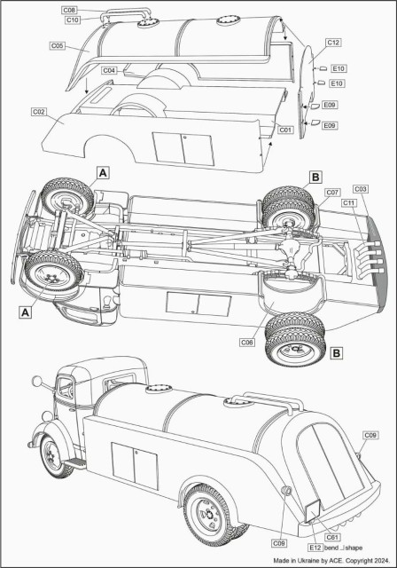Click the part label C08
[x=69, y=11]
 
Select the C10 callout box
[x=73, y=20]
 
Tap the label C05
[x=58, y=45]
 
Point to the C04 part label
[x=109, y=70]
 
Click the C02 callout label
[x=39, y=112]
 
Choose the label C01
[x=285, y=130]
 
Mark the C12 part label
[x=333, y=43]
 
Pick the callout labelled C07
[x=332, y=193]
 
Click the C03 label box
[x=361, y=189]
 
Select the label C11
[x=349, y=203]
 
